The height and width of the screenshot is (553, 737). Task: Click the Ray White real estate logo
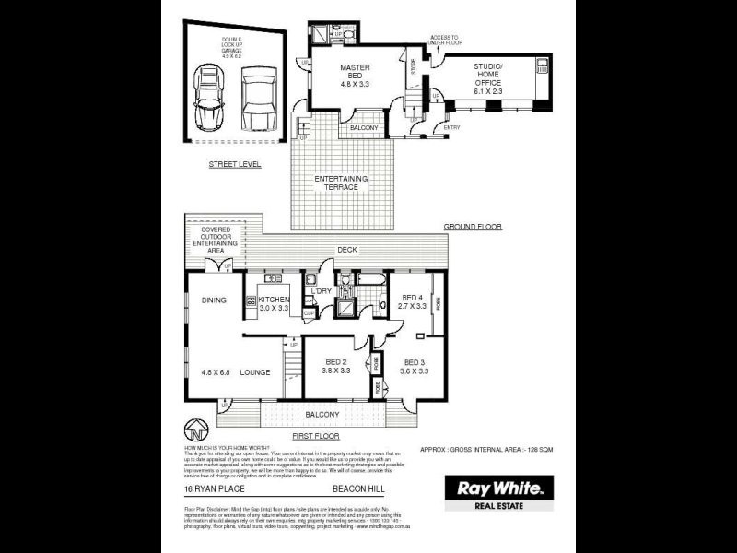tap(498, 492)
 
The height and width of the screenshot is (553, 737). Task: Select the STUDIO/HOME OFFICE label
tap(488, 74)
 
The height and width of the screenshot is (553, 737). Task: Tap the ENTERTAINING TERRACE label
tap(341, 182)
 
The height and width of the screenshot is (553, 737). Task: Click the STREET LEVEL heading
tap(234, 164)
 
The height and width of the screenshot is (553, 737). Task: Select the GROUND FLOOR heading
tap(472, 226)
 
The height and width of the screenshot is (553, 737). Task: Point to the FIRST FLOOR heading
tap(314, 435)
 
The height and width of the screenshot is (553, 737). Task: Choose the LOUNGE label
tap(255, 372)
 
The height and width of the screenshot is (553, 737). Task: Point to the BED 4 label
tap(413, 300)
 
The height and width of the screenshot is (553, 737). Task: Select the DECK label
tap(346, 249)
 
